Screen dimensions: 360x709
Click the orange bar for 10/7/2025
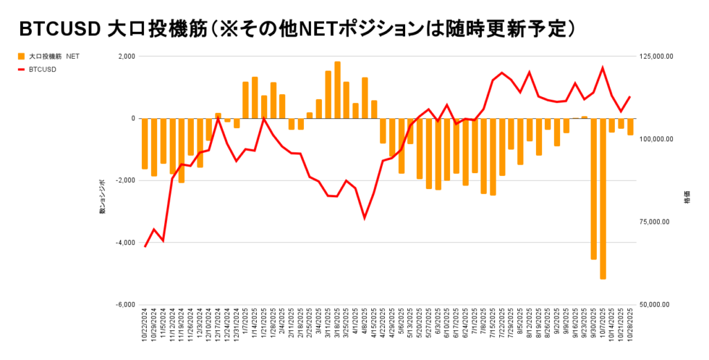[x=603, y=199]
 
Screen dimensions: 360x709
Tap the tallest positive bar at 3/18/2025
[x=337, y=90]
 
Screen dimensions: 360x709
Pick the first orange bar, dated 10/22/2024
[x=145, y=143]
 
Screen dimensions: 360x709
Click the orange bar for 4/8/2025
[x=365, y=98]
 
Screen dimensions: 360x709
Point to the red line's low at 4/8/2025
[x=365, y=218]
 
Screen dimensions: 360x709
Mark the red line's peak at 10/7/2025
[x=603, y=67]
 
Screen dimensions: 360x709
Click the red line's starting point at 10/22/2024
[x=145, y=246]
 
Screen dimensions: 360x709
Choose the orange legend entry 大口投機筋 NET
[x=48, y=56]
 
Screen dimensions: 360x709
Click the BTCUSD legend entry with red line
[x=42, y=69]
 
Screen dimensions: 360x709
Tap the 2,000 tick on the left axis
[x=126, y=56]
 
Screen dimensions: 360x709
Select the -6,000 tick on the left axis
[x=125, y=305]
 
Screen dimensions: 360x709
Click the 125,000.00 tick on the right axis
[x=654, y=56]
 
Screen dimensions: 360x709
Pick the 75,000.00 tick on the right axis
[x=656, y=222]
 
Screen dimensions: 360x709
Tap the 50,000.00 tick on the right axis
[x=656, y=305]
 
